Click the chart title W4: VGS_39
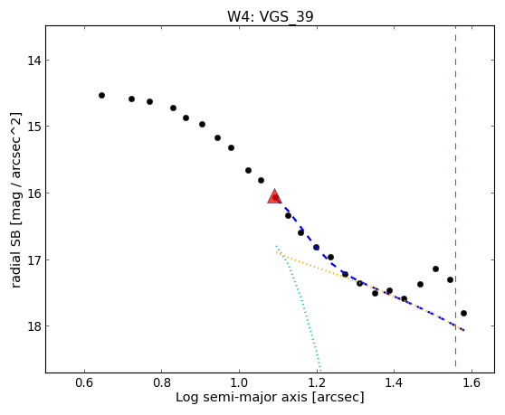click(271, 16)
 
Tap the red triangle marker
click(274, 196)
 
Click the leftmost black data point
click(101, 95)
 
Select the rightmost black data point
click(463, 313)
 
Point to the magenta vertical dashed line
click(456, 196)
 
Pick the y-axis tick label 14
click(34, 61)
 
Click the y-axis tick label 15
click(34, 126)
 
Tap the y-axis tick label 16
click(34, 193)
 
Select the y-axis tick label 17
click(34, 259)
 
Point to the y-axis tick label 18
click(34, 325)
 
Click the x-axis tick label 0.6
click(84, 382)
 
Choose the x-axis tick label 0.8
click(162, 382)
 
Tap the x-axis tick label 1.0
click(239, 382)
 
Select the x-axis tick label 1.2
click(318, 382)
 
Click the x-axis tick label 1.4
click(395, 382)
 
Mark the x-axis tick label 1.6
click(472, 382)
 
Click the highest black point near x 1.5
click(435, 269)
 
